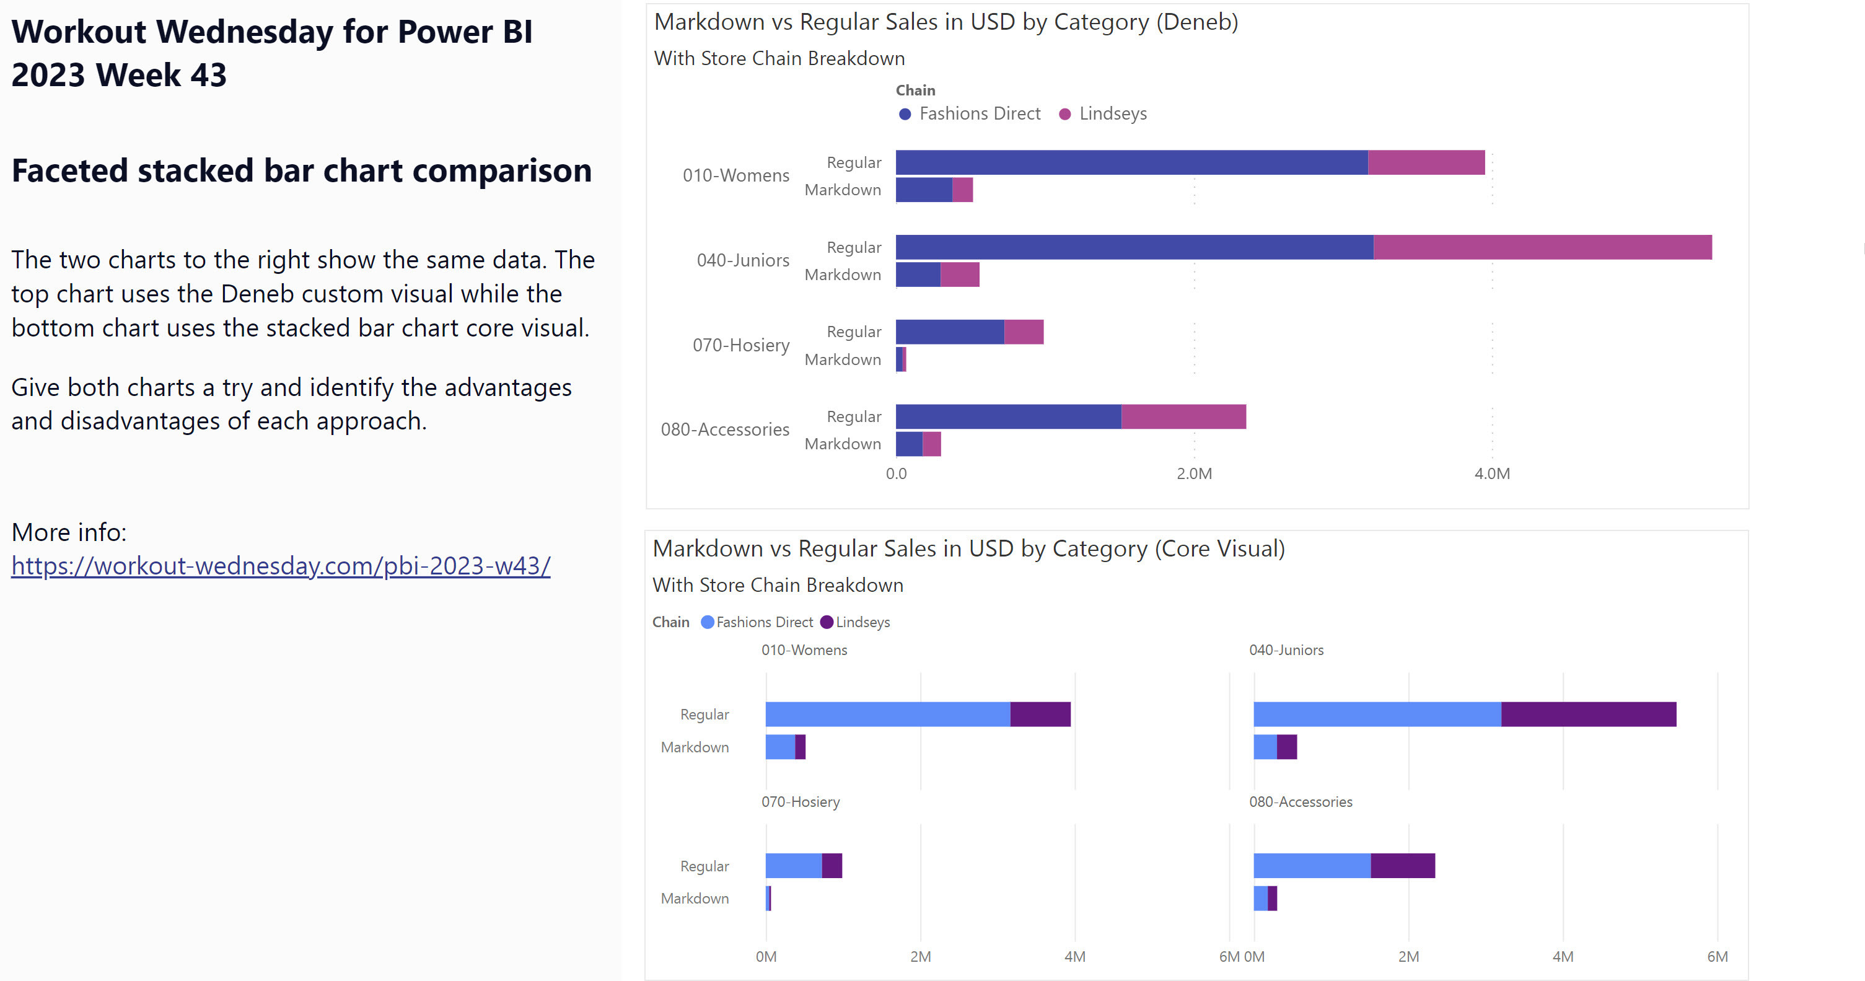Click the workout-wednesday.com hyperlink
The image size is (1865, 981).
[x=281, y=565]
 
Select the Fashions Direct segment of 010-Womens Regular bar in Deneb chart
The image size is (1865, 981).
[x=1131, y=162]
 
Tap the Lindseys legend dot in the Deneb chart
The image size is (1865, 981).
[x=1065, y=113]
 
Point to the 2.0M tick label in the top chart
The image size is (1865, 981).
[x=1194, y=473]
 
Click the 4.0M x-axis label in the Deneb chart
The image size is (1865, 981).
[x=1492, y=473]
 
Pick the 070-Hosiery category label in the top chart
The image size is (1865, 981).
[x=740, y=345]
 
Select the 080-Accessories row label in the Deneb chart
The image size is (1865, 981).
[x=725, y=429]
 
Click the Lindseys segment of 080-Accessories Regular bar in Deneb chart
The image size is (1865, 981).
[x=1183, y=416]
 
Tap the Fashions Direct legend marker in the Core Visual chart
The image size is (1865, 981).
[x=708, y=622]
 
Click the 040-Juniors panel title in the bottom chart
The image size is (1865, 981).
[x=1286, y=650]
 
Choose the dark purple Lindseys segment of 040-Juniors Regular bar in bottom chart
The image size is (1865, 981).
[x=1589, y=714]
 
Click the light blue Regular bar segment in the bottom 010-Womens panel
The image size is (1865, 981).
[x=888, y=714]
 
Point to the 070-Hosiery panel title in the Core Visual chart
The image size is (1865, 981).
[x=800, y=801]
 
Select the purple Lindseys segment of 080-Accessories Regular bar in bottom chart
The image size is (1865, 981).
[x=1402, y=865]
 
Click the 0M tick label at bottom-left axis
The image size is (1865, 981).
[x=766, y=956]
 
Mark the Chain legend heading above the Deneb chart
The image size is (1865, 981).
[x=915, y=90]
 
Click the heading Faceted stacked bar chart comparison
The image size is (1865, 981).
[x=301, y=171]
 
